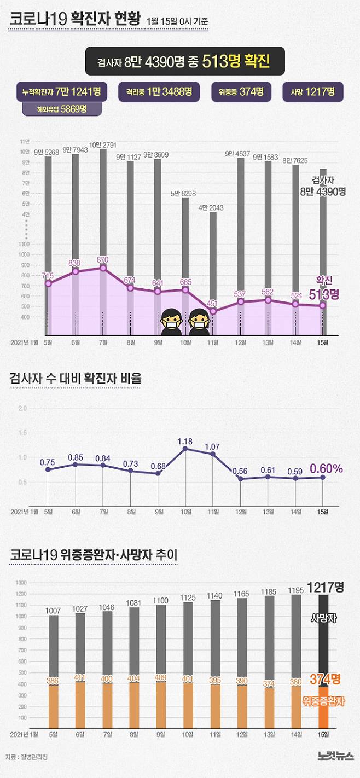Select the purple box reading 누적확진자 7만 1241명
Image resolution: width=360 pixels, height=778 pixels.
pos(62,91)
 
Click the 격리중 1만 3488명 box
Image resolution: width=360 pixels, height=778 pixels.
pos(158,91)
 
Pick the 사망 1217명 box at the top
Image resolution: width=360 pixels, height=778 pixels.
pos(312,91)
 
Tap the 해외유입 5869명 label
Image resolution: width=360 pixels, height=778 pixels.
pos(62,108)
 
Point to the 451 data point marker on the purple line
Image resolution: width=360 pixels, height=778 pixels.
pos(213,311)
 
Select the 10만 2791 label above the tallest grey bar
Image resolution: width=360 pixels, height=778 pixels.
pos(103,144)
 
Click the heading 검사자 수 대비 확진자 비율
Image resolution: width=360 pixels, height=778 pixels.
pos(76,378)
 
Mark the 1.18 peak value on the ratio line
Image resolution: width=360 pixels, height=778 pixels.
pos(185,440)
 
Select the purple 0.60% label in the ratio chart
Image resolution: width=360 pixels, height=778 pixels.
pos(326,468)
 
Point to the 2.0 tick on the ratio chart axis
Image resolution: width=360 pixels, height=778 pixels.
pos(22,409)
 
